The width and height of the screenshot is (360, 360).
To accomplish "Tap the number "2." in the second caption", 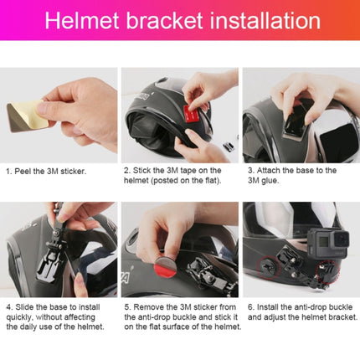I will tap(128, 170).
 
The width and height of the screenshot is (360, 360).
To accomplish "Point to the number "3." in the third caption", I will tap(250, 170).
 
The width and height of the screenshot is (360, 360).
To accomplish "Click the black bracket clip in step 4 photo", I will tap(59, 247).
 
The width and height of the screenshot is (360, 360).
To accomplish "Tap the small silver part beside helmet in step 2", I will tap(226, 147).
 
